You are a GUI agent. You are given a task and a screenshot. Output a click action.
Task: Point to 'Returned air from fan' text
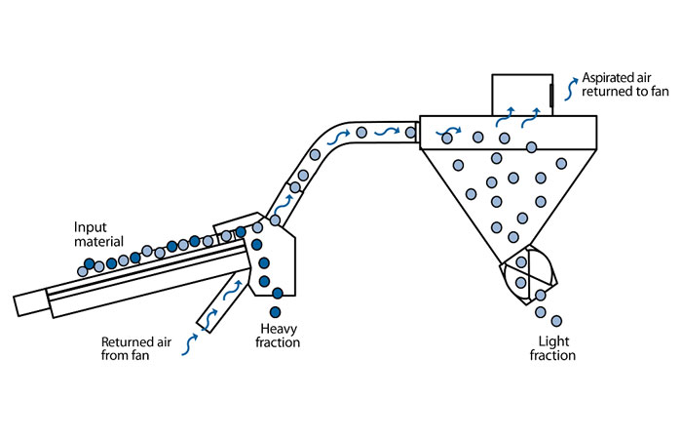[140, 348]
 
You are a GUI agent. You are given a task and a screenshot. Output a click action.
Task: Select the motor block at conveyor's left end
[30, 304]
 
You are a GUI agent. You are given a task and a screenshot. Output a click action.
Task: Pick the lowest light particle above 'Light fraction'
[557, 321]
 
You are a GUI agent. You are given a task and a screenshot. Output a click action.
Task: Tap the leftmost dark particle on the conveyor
[90, 263]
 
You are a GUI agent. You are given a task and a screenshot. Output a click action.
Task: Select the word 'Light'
[556, 341]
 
